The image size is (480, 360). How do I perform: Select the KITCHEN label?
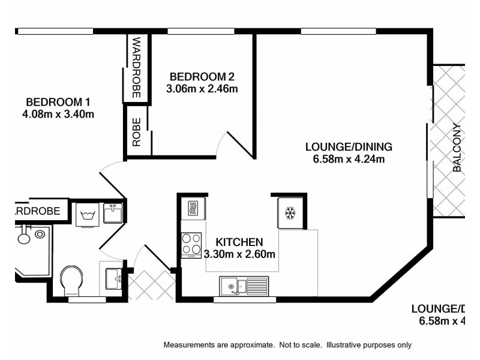(x=240, y=242)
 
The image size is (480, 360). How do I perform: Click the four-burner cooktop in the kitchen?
(x=192, y=244)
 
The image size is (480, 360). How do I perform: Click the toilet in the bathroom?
(x=73, y=280)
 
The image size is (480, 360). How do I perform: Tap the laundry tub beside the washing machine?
(x=112, y=212)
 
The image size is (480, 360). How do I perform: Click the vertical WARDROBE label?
(x=136, y=67)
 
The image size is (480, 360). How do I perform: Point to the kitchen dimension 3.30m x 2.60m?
(x=240, y=254)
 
